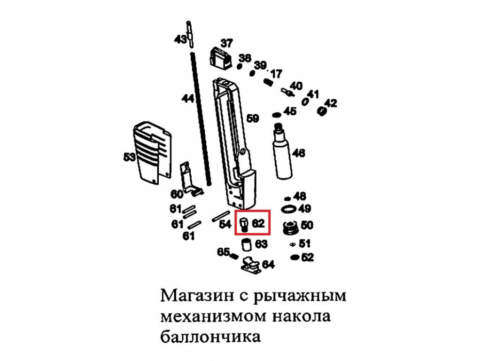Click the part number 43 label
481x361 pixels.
180,40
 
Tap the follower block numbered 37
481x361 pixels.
220,58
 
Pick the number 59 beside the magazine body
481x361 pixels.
253,119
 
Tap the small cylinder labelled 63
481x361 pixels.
246,245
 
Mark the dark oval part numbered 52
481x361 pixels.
295,257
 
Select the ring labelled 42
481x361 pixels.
322,111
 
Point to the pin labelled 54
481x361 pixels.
217,218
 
